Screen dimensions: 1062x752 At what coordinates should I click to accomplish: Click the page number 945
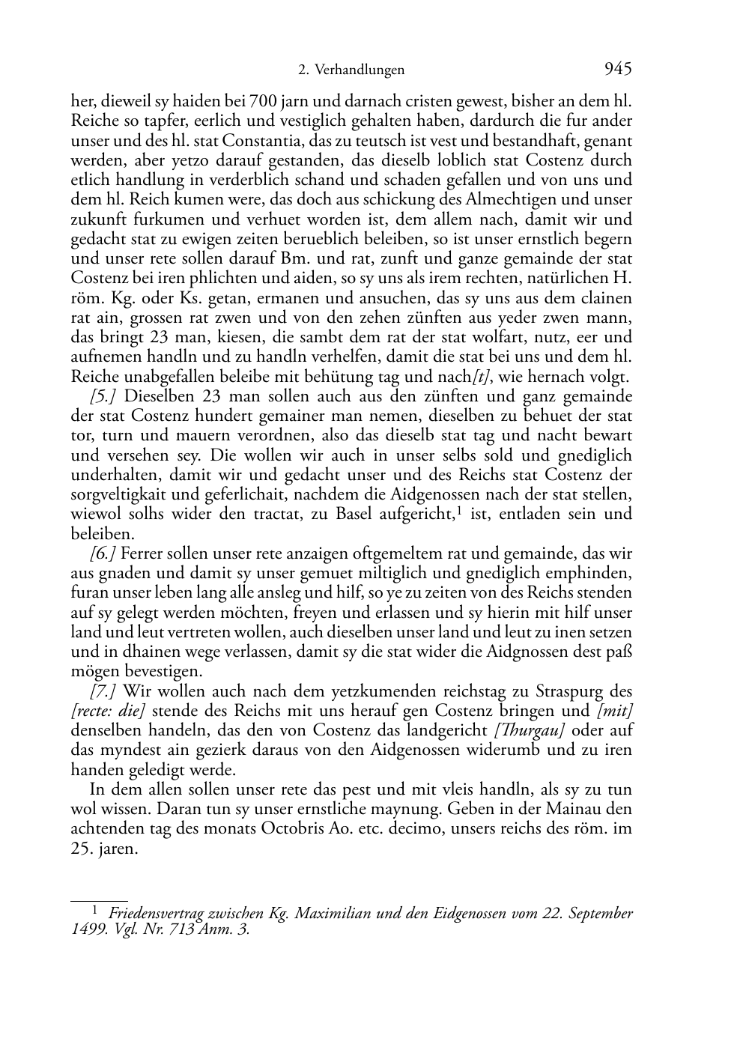(x=617, y=69)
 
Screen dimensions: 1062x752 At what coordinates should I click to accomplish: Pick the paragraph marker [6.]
(x=103, y=553)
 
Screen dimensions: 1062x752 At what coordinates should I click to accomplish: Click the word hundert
(x=222, y=416)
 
